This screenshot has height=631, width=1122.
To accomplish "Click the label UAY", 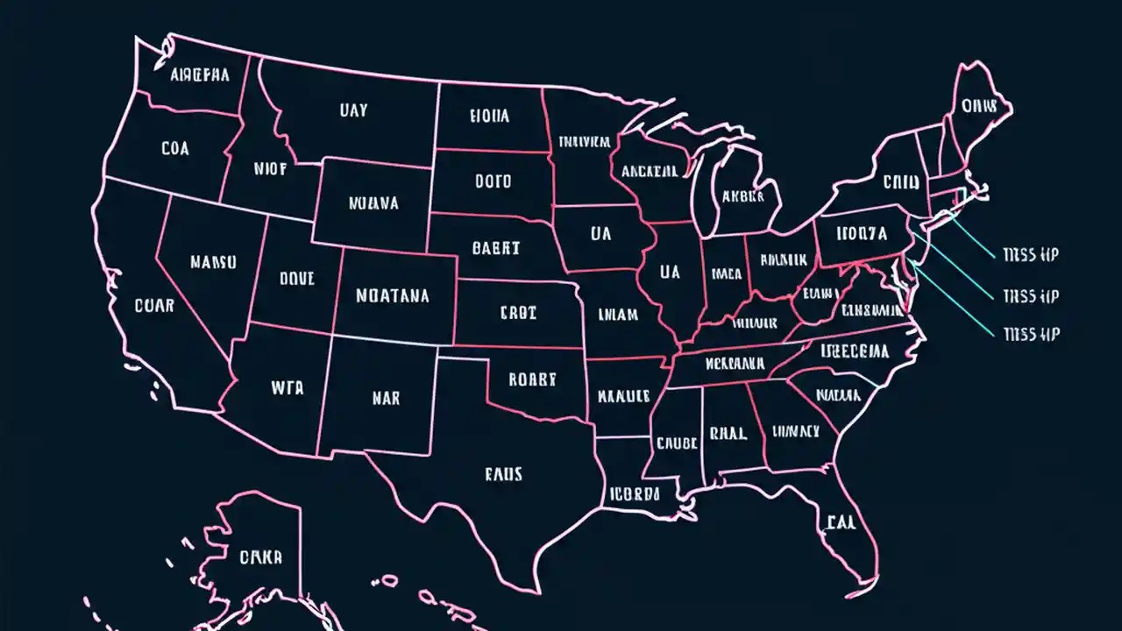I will point(352,111).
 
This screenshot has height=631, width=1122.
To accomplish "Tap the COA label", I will point(175,149).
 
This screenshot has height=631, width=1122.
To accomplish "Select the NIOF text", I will point(270,170).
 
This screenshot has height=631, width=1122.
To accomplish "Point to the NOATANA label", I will point(393,296).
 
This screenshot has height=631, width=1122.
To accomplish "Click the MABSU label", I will point(213,262).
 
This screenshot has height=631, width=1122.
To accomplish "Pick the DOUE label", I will point(296,279).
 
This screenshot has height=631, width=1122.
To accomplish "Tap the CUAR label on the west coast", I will point(154,306).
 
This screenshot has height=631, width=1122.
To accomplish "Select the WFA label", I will point(287,386).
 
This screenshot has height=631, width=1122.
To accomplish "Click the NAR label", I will point(386,398).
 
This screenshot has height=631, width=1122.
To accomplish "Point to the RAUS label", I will point(503,474).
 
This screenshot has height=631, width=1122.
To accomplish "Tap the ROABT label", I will point(532,379).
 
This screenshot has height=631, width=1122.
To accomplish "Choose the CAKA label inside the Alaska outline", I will point(261,557).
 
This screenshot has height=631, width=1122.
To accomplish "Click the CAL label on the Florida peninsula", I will point(839,523).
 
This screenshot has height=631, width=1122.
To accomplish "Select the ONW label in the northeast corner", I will point(979,106).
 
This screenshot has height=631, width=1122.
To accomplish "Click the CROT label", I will point(518,312).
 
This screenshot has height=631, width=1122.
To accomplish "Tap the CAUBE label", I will point(676,443).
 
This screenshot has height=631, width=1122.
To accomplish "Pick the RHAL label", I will point(728,432).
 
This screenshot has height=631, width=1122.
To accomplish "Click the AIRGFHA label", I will point(200,75).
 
